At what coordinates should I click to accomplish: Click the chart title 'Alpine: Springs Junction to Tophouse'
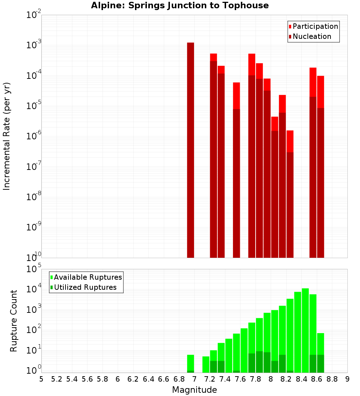(x=180, y=5)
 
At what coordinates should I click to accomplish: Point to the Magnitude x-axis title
(x=194, y=390)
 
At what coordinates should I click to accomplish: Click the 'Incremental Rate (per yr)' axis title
(x=7, y=136)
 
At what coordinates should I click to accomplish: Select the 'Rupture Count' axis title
(x=14, y=321)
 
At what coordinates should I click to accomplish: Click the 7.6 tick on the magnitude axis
(x=240, y=379)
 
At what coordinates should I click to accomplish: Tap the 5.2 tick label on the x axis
(x=57, y=379)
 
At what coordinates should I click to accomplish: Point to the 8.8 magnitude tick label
(x=332, y=379)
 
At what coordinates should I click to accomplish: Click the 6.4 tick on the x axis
(x=148, y=379)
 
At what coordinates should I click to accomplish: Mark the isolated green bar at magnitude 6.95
(x=190, y=364)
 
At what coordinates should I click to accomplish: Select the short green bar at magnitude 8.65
(x=321, y=353)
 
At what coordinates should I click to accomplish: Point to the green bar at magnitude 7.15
(x=206, y=364)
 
